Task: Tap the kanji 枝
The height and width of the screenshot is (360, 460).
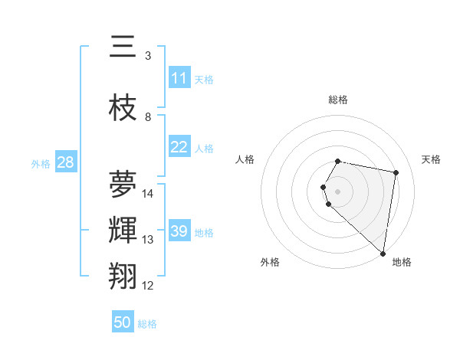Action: [123, 108]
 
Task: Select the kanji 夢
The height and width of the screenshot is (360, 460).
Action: [123, 185]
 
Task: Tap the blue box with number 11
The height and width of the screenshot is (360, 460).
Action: [179, 78]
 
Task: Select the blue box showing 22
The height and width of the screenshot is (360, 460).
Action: [179, 147]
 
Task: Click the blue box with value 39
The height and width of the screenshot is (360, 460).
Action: [179, 231]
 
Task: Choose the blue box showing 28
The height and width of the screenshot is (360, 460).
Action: [65, 162]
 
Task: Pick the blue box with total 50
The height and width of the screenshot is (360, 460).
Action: [123, 322]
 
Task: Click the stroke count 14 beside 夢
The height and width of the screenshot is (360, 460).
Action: [148, 193]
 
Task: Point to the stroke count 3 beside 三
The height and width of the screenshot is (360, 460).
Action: [148, 55]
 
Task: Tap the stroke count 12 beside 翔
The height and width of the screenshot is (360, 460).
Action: [148, 286]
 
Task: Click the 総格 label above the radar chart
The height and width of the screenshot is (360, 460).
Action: [338, 100]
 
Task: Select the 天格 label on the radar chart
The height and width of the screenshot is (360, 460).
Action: [432, 159]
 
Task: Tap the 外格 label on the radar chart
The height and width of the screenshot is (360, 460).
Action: [270, 262]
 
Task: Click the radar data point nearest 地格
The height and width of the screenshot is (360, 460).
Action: [383, 254]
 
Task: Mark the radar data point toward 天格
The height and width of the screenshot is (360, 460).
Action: [396, 172]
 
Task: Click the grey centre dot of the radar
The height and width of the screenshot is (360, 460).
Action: [338, 191]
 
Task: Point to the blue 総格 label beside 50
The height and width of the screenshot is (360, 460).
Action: [147, 324]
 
